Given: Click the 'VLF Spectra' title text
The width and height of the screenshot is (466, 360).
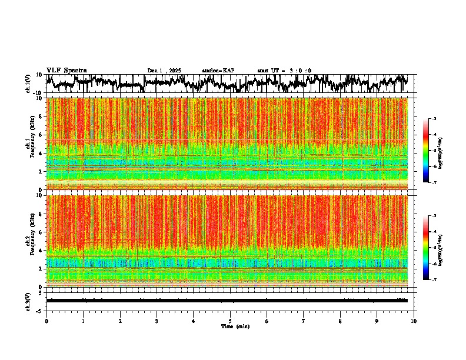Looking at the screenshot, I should pos(66,71).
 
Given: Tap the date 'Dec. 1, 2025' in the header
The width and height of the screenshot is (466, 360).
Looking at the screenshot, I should pos(164,71).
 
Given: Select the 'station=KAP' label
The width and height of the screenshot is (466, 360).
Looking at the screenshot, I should pos(218,71).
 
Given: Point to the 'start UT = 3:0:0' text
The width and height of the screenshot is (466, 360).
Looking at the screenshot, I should pos(284,71).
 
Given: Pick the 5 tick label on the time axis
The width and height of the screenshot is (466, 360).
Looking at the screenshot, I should pos(230,321).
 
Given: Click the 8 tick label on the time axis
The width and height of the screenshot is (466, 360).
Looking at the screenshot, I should pos(340,321).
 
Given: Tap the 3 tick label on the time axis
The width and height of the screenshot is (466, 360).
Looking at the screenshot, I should pos(157,321).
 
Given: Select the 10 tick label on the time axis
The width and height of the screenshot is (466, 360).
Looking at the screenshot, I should pos(414,321).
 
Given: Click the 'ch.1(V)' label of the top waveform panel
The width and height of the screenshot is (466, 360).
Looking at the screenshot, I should pos(28,84).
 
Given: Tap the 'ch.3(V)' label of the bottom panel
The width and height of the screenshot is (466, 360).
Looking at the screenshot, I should pos(28,301).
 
